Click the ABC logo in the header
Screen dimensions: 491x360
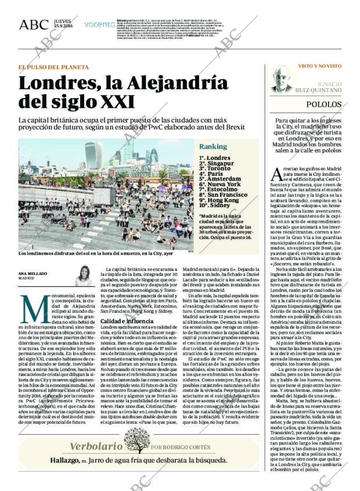click(x=34, y=24)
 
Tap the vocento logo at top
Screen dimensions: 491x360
click(x=99, y=24)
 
